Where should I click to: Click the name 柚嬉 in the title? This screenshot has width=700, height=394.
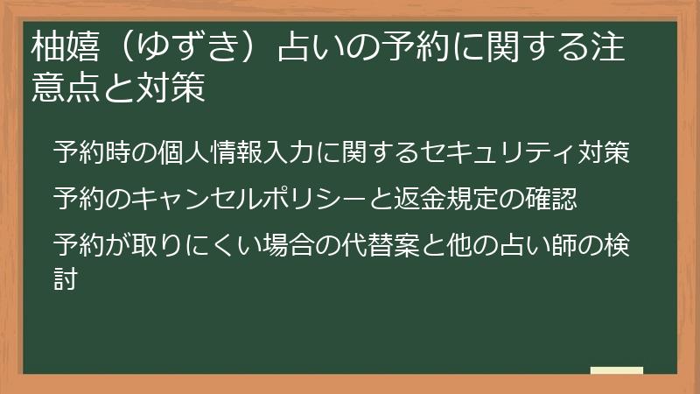point(65,47)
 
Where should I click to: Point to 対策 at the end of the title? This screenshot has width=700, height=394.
point(171,87)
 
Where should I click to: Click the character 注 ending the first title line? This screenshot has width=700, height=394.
point(607,47)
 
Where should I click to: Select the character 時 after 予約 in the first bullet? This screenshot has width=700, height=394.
point(118,151)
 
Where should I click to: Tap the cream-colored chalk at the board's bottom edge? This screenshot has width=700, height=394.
point(617,370)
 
